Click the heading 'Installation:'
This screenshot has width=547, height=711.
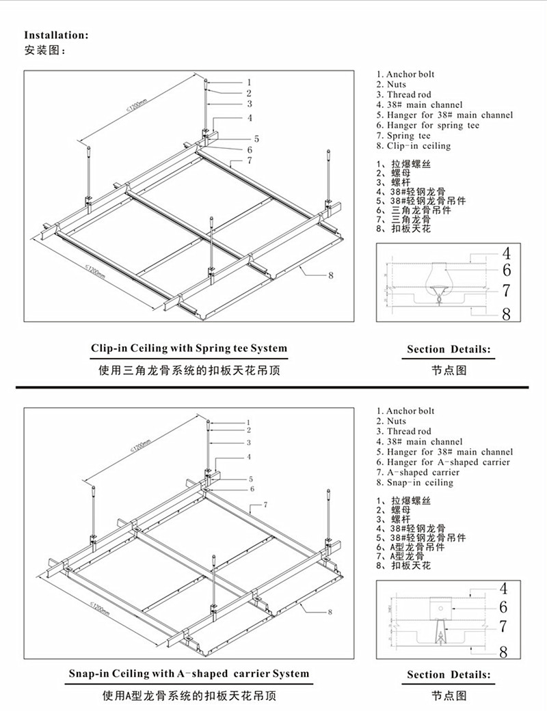(57, 35)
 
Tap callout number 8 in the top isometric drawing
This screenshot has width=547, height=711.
(330, 275)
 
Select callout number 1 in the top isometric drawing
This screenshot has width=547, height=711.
(250, 81)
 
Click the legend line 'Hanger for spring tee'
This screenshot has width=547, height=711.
(428, 126)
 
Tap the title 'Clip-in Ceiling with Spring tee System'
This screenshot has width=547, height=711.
(189, 348)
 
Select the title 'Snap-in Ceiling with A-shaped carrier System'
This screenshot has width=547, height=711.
(189, 674)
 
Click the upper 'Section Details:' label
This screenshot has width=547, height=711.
(449, 350)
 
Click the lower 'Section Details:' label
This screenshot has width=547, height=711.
(449, 675)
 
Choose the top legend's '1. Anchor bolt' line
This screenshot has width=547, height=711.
(405, 74)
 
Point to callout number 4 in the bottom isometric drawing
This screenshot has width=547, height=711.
(249, 456)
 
